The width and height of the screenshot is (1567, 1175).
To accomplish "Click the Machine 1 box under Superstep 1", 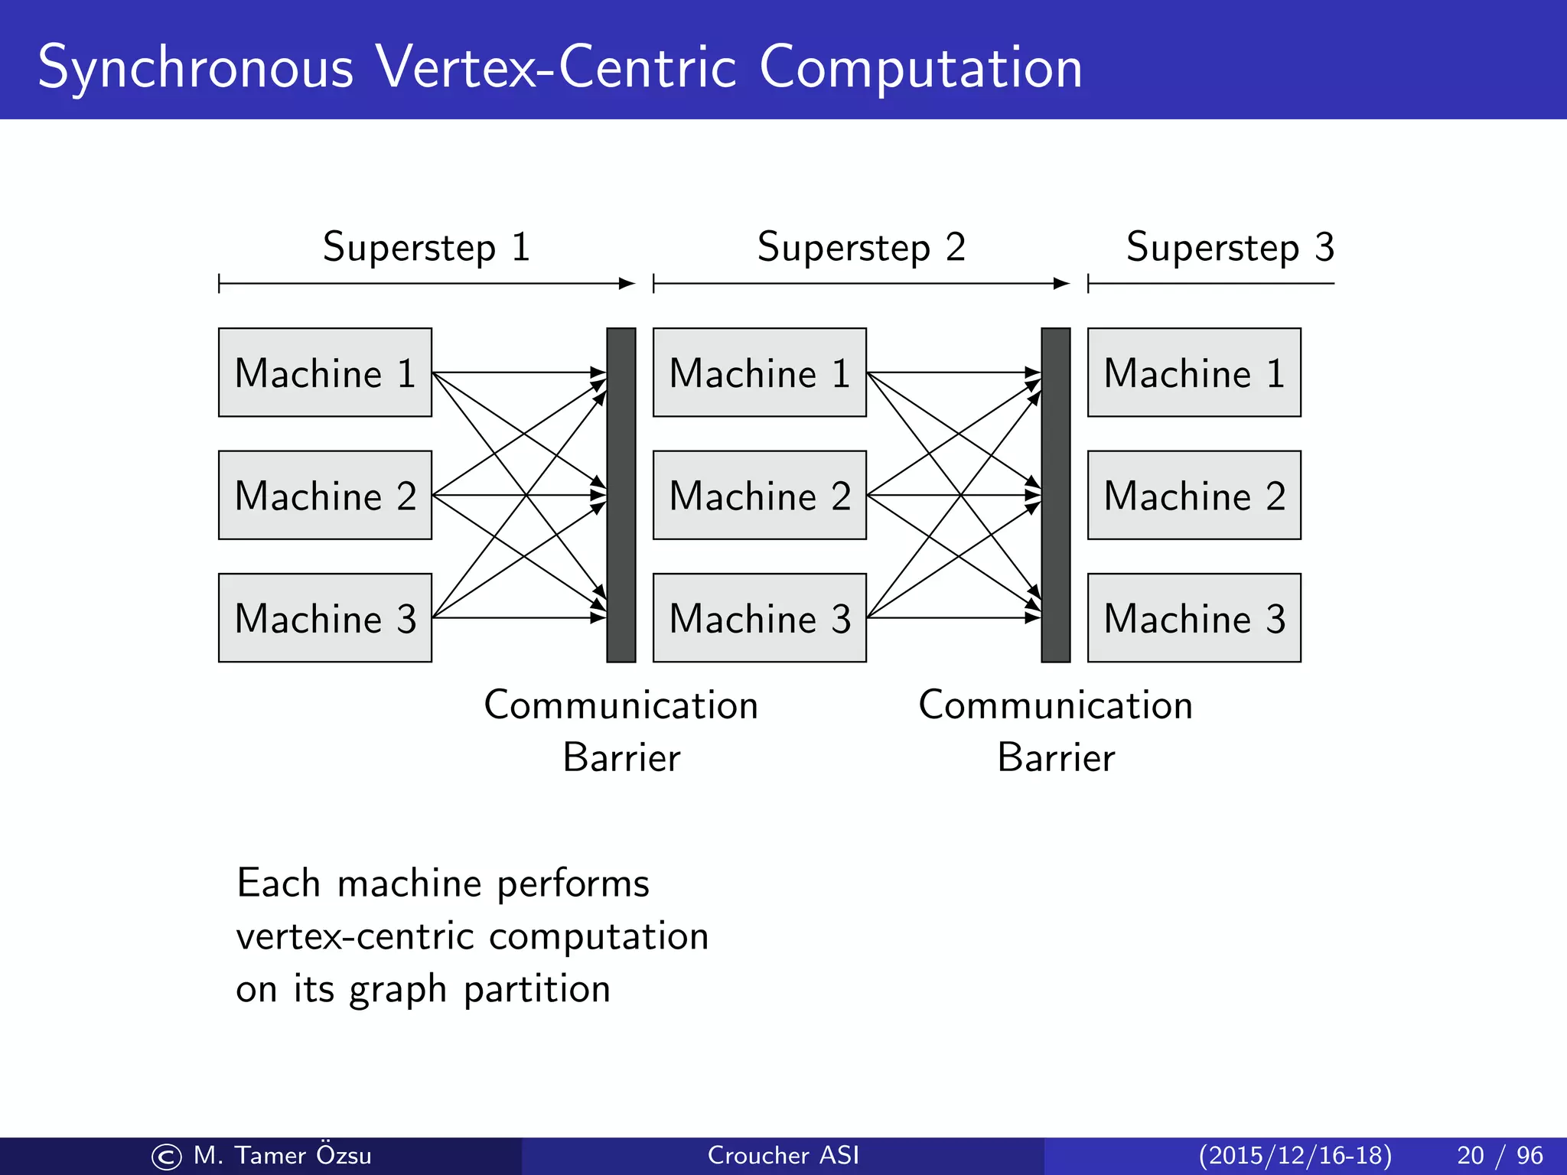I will [x=324, y=373].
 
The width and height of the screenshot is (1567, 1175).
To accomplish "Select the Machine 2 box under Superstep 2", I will [x=759, y=495].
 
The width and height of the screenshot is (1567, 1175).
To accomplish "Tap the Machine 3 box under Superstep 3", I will [x=1194, y=617].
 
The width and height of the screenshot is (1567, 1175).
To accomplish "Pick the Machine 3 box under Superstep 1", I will [x=324, y=617].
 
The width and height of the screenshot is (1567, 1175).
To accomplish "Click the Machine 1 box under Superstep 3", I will [x=1194, y=373].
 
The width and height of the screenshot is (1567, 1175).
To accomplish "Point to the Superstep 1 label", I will [x=426, y=247].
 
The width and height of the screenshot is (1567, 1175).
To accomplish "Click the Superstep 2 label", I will [x=861, y=247].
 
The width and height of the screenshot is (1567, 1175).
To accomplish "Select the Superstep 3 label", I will [x=1230, y=247].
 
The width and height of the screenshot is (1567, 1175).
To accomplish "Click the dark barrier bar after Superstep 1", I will [x=621, y=495].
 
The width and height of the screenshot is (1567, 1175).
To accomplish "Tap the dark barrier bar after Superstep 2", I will [x=1056, y=495].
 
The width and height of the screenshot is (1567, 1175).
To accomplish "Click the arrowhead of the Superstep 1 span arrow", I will [x=627, y=284].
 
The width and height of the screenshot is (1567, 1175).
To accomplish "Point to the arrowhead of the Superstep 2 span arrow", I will [x=1062, y=284].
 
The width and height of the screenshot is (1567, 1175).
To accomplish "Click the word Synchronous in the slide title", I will [x=195, y=68].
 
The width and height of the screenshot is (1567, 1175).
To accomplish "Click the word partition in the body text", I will [x=537, y=989].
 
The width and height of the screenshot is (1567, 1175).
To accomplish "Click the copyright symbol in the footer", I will [x=167, y=1157].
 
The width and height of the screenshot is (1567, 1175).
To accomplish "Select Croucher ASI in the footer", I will [x=783, y=1155].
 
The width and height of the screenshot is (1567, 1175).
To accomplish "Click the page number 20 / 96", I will [x=1500, y=1155].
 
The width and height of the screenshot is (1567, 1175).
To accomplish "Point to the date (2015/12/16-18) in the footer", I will [x=1295, y=1155].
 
